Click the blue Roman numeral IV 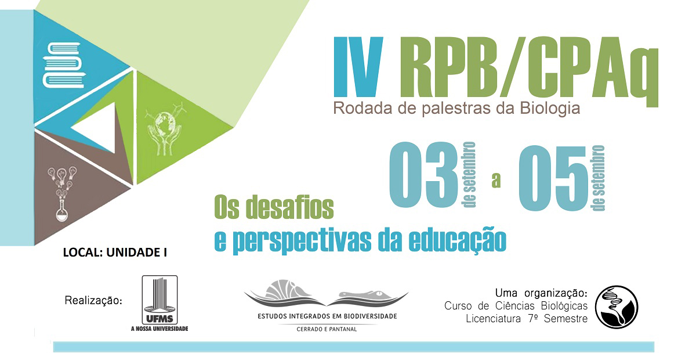358,67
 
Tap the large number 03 423,175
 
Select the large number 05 553,179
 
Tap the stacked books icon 64,66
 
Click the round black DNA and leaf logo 617,307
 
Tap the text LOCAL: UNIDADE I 115,253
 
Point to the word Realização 93,301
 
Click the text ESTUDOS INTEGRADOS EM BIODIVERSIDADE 327,316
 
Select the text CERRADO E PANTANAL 327,329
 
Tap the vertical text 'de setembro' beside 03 469,175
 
